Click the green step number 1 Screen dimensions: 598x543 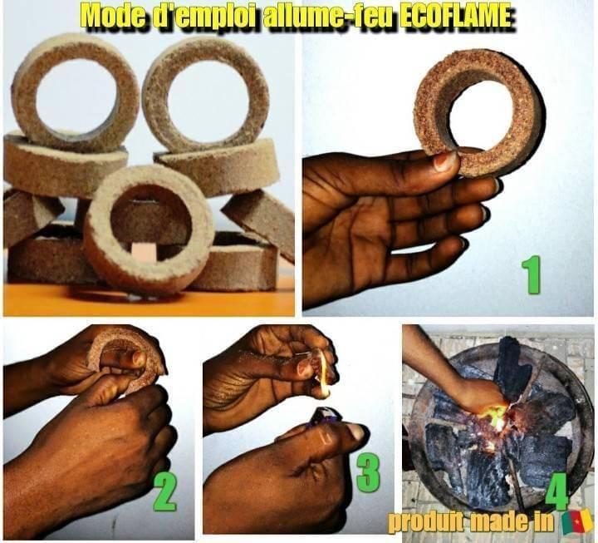pyautogui.click(x=531, y=274)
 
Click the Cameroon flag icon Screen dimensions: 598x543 pyautogui.click(x=578, y=522)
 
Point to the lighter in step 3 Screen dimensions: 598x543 pyautogui.click(x=323, y=416)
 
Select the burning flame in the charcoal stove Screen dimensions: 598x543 pyautogui.click(x=495, y=414)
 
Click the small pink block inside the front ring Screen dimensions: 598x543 pyautogui.click(x=145, y=253)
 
